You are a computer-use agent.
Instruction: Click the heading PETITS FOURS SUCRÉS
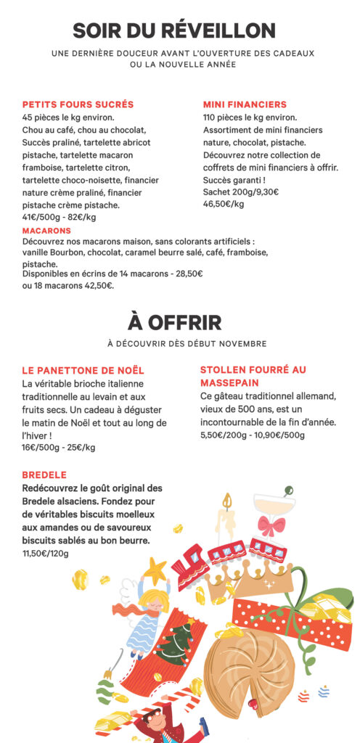pos(78,104)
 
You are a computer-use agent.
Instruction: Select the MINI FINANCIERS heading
pos(245,104)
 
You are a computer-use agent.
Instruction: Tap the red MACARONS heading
pos(47,231)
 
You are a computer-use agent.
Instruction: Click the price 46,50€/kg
pos(224,204)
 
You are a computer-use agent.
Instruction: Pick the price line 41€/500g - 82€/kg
pos(60,217)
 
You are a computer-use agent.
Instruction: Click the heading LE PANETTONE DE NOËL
pos(83,370)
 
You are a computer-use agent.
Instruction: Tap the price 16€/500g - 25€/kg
pos(59,448)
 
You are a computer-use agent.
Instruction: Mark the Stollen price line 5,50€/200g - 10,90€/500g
pos(252,435)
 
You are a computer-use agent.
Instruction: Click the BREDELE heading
pos(46,475)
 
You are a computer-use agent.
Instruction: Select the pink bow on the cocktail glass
pos(271,525)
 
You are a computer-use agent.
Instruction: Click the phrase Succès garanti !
pos(234,180)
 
